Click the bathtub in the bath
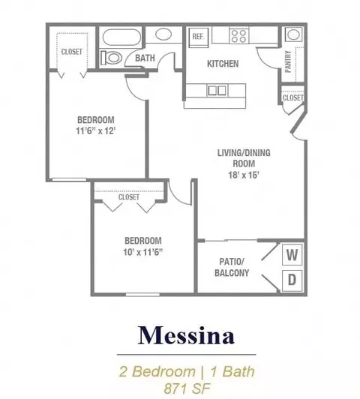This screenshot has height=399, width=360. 121,37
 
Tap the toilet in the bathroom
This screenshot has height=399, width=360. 110,58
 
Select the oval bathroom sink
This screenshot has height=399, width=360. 163,34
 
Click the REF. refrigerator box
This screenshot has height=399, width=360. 199,37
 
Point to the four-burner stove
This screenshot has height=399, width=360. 239,36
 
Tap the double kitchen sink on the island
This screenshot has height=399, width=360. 217,90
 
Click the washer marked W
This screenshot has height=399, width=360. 292,254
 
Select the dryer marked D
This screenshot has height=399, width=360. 292,280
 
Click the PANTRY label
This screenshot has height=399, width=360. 288,61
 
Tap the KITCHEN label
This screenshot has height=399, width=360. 223,64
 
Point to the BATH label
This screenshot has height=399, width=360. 145,58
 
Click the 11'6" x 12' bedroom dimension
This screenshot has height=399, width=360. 96,131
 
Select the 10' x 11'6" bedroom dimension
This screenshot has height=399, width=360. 143,252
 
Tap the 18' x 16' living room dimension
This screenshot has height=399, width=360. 244,175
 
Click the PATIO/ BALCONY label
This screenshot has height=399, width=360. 232,267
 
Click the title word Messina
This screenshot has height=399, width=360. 186,335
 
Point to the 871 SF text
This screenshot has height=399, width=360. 187,388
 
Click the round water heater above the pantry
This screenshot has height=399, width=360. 293,34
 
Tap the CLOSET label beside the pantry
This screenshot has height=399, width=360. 293,97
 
